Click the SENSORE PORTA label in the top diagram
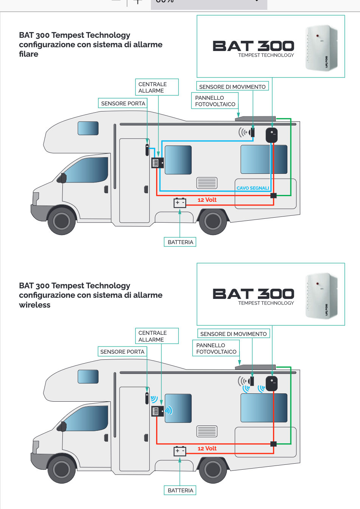point(123,104)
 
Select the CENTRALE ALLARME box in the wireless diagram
point(157,336)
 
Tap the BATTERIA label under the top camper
point(180,242)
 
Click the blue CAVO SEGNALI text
point(253,188)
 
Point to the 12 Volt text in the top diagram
point(207,200)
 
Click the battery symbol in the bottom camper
point(180,451)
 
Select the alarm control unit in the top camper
point(157,163)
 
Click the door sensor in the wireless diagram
point(147,398)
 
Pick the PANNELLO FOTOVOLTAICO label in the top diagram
point(215,101)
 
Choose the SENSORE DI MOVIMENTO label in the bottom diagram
point(233,334)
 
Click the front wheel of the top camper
point(61,221)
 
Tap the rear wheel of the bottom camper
point(213,470)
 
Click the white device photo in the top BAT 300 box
point(321,48)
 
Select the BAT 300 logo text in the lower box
point(253,294)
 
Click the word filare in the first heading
point(29,54)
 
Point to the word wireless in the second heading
point(35,305)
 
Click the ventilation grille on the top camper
point(207,183)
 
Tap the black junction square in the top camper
point(273,195)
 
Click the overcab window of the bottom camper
point(88,377)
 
